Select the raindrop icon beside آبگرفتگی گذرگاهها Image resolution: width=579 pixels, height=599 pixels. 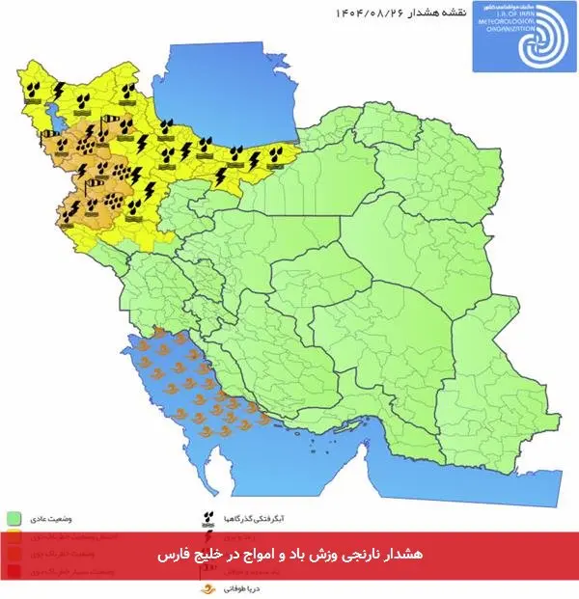click(207, 518)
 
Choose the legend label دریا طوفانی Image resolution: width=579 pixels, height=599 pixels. click(236, 586)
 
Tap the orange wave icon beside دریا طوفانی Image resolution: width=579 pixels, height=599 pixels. click(207, 586)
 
